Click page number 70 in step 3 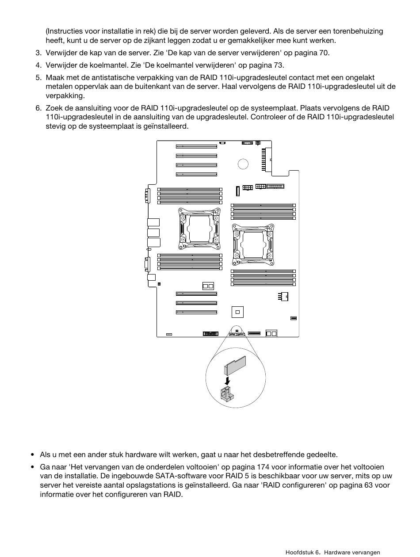pos(324,53)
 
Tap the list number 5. pos(38,78)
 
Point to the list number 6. pos(38,108)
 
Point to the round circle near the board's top pos(243,164)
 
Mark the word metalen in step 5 pos(58,87)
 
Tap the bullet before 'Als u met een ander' pos(33,455)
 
